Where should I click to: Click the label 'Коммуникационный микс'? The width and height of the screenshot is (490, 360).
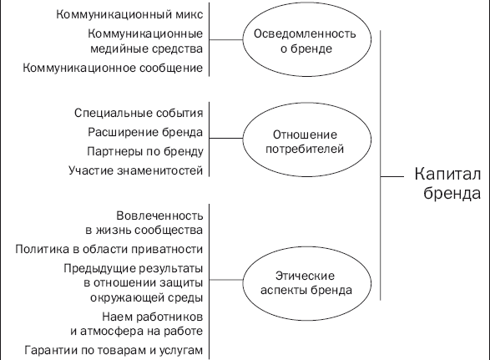(x=129, y=14)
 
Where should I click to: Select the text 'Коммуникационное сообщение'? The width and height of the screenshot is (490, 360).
(x=113, y=68)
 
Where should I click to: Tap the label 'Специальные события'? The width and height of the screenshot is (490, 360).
(x=139, y=113)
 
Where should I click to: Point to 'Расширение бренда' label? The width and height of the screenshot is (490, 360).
(x=145, y=132)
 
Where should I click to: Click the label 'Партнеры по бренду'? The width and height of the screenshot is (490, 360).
(x=145, y=151)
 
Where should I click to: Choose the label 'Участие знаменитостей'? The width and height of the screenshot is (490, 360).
(x=136, y=170)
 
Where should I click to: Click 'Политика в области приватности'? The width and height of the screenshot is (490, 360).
(x=109, y=249)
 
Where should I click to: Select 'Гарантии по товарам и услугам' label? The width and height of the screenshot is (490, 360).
(x=114, y=350)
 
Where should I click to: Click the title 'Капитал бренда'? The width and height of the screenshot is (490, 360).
(x=447, y=183)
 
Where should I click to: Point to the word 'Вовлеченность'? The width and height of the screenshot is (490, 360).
(x=159, y=215)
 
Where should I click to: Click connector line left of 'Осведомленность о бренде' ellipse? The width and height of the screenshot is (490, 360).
(x=226, y=40)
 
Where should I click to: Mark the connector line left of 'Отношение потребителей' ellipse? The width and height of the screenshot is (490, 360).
(x=226, y=138)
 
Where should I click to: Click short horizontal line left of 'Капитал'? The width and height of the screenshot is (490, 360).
(x=392, y=177)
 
